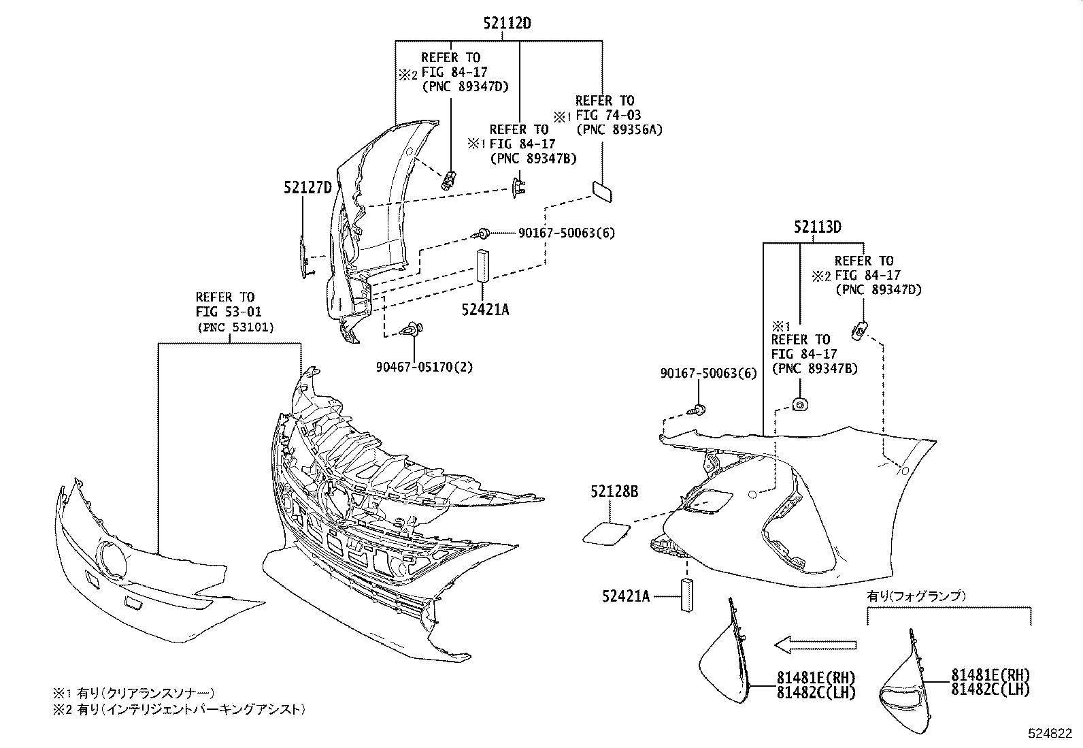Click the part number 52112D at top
coord(507,23)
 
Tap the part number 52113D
coord(817,227)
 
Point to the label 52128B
coord(614,491)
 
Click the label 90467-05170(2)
coord(424,368)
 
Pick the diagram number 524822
coord(1049,734)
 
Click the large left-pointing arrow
coord(815,645)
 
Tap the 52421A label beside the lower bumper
coord(625,597)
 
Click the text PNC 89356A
coord(619,129)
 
